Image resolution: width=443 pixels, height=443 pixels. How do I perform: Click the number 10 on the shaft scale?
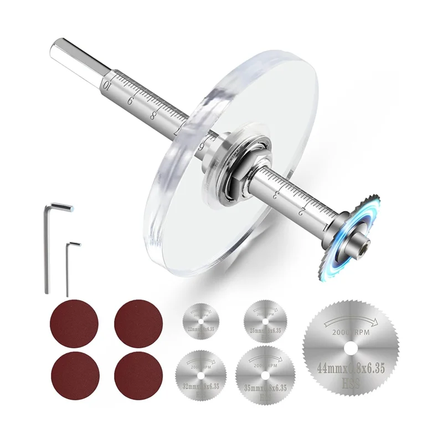click(106, 85)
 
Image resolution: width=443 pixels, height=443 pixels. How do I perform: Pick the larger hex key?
click(47, 244)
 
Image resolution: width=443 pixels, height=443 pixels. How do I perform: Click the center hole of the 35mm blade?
click(264, 372)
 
